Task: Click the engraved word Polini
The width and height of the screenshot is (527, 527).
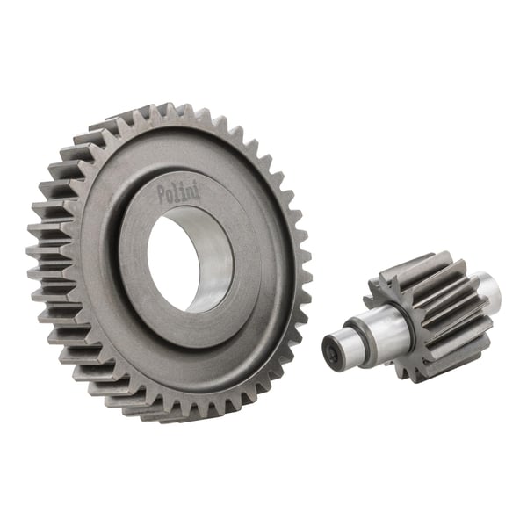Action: pos(178,192)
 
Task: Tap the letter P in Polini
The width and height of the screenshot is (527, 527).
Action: pos(162,196)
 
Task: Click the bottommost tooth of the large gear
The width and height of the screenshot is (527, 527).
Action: pos(167,415)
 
